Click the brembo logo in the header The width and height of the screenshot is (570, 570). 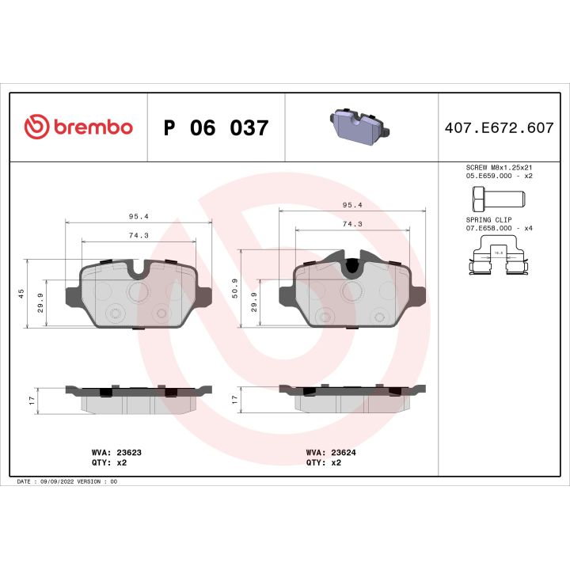78,127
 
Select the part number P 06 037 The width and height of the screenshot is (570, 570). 215,127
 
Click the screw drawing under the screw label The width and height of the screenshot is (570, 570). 491,196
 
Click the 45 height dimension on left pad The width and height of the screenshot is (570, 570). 22,293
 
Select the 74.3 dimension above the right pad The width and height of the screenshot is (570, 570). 353,224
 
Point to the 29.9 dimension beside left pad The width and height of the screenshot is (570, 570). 41,303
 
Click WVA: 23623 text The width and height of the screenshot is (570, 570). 116,452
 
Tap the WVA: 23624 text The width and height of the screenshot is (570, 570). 330,452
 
